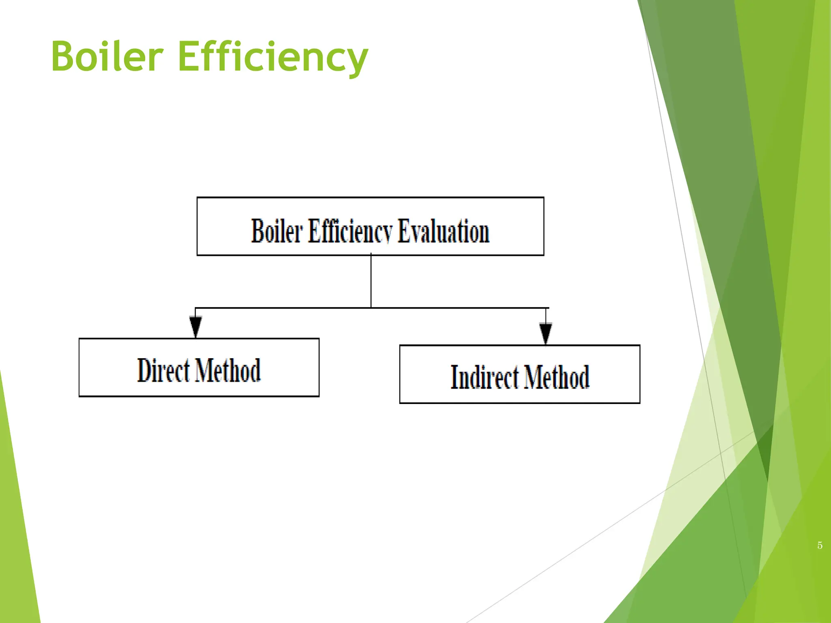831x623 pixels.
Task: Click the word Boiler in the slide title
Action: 107,57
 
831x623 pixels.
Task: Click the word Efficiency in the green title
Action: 273,57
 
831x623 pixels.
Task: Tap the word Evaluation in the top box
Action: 443,231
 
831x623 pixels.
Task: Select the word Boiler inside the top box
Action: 277,231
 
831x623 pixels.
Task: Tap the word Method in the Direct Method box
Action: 228,370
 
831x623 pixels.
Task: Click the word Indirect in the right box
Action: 484,377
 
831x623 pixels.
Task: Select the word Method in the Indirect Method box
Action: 556,377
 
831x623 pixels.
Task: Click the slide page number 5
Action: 820,546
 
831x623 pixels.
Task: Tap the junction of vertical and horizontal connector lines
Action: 371,308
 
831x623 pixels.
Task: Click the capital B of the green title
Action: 65,57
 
